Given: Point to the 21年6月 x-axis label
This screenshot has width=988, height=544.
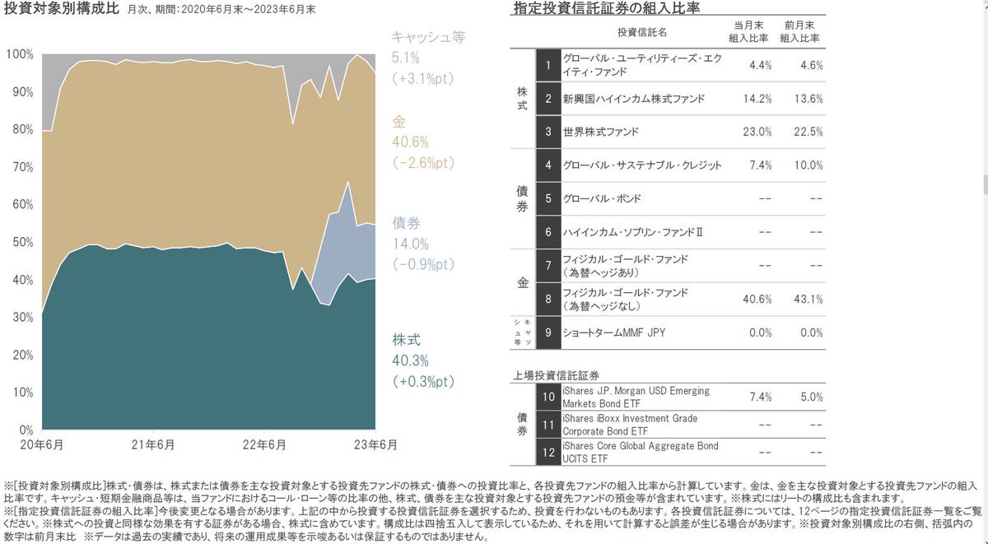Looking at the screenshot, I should [x=152, y=445].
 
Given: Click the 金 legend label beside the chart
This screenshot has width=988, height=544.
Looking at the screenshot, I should [x=399, y=122].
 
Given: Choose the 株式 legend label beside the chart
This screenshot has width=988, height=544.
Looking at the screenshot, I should [x=406, y=339].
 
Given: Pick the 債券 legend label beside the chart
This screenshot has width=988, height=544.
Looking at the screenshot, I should [x=406, y=223].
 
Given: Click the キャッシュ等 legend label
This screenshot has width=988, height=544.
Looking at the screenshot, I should [x=428, y=36].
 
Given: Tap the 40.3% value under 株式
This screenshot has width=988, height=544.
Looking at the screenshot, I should [x=410, y=360].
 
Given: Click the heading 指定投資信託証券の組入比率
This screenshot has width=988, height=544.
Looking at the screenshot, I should [x=606, y=10].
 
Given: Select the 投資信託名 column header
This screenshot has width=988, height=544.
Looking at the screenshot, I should [x=641, y=32].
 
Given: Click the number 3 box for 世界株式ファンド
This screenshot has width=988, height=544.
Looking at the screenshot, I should [x=548, y=132].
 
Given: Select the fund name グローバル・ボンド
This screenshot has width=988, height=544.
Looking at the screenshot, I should [x=601, y=198].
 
